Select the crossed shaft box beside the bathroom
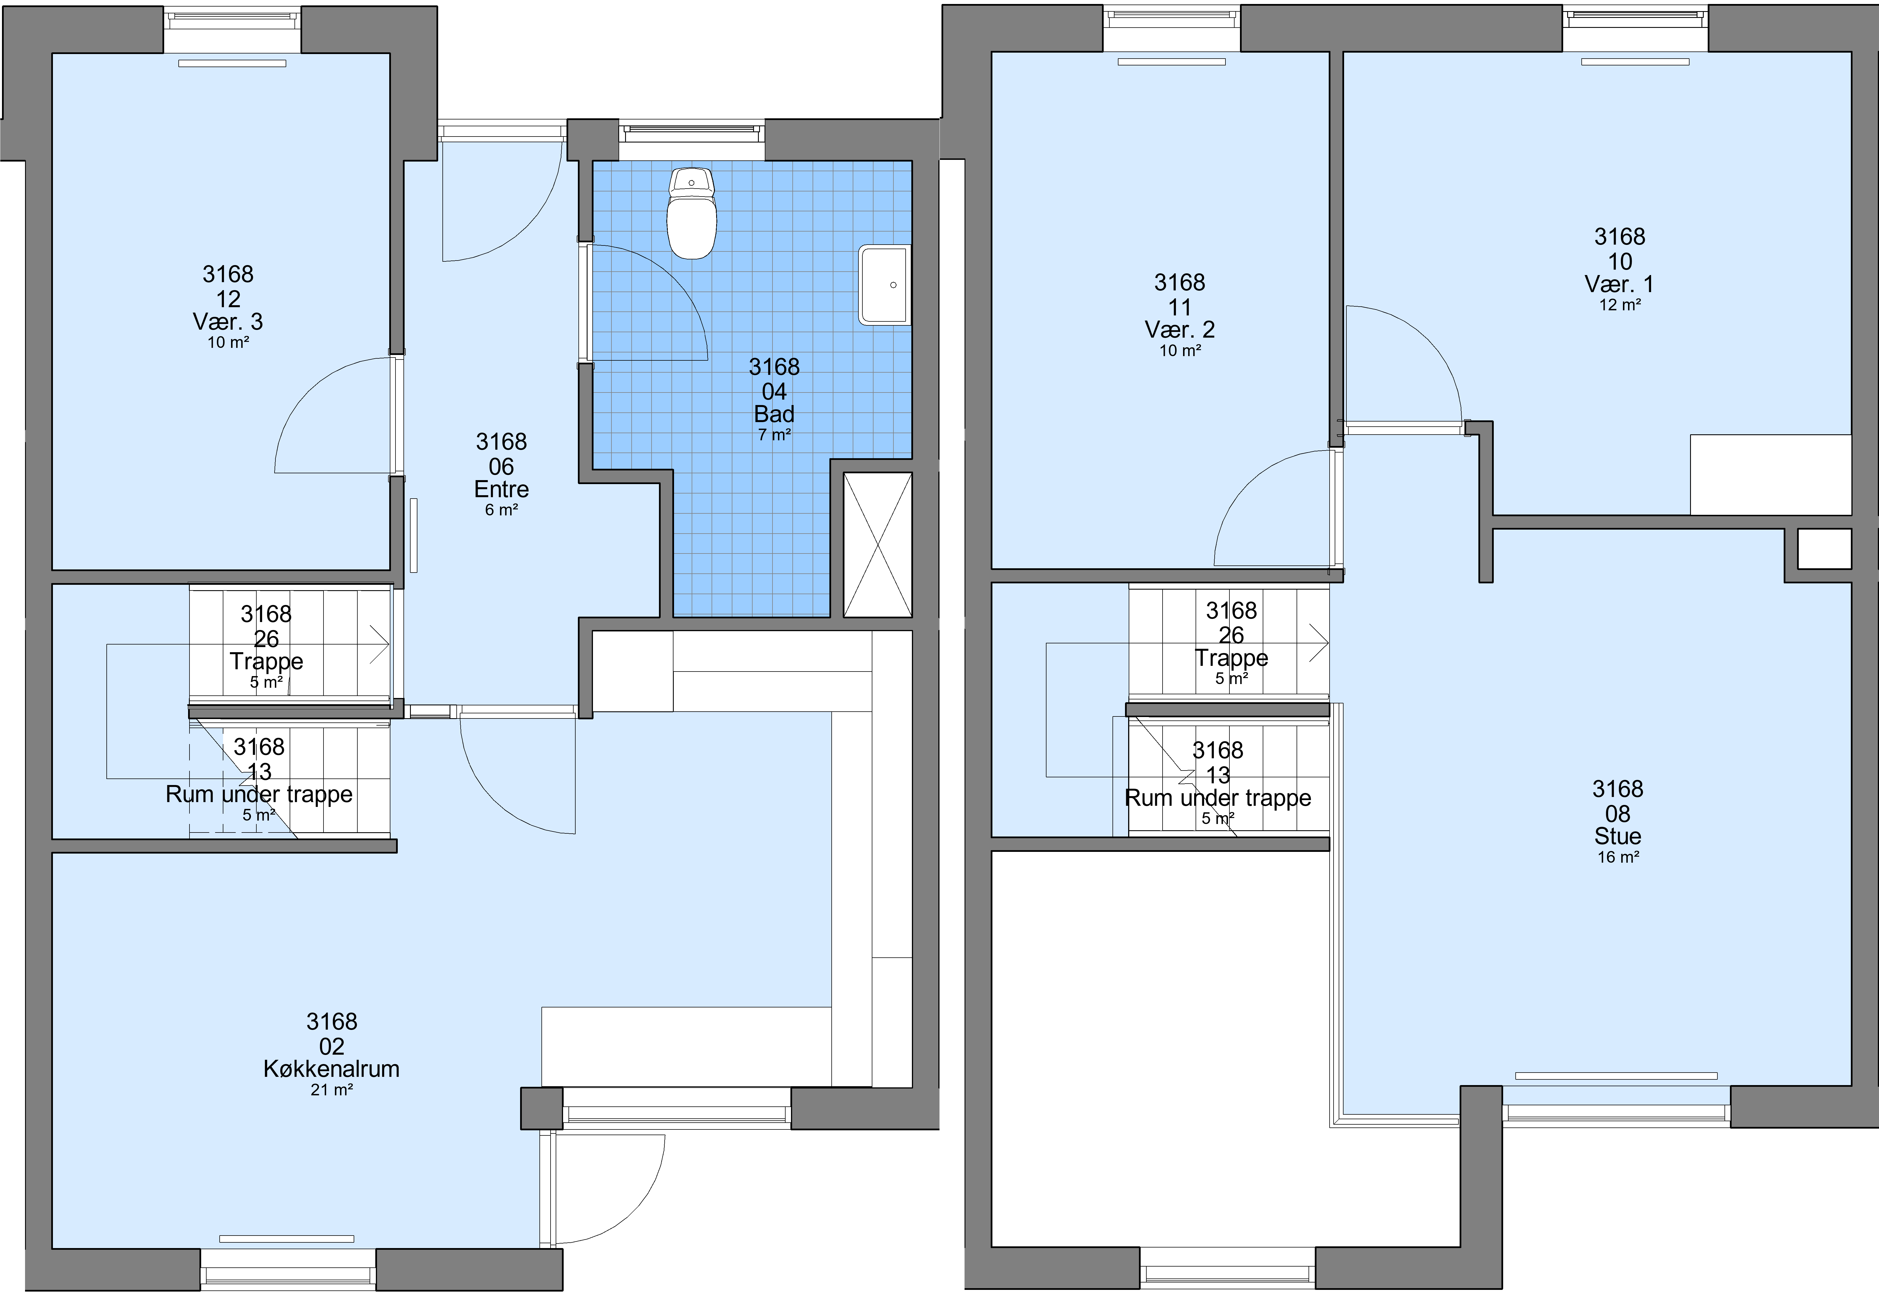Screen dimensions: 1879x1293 point(877,544)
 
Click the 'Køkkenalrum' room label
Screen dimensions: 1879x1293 point(331,1069)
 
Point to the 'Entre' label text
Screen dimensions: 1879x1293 point(502,489)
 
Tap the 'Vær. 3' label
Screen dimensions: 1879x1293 point(228,322)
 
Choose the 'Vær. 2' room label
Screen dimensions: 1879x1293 point(1180,330)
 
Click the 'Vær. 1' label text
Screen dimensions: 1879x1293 point(1619,284)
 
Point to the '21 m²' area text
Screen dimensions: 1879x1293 point(331,1090)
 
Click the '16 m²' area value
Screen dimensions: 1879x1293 point(1618,857)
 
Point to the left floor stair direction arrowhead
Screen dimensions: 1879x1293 point(380,644)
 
